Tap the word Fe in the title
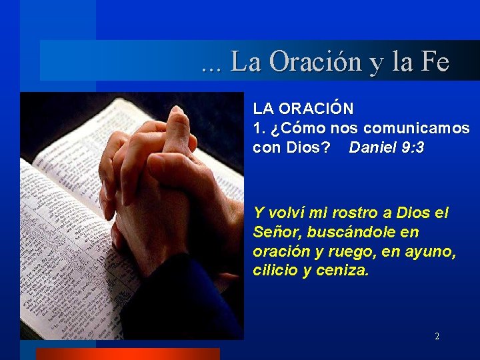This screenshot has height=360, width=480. (435, 62)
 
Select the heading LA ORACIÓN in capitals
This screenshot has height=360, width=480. (303, 108)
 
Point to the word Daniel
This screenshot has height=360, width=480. (373, 147)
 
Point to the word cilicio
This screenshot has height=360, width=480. (275, 271)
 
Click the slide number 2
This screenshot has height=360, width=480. (437, 337)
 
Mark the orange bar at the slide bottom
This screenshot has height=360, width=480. (127, 354)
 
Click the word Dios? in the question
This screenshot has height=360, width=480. (308, 147)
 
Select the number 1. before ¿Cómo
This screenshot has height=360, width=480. (259, 127)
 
